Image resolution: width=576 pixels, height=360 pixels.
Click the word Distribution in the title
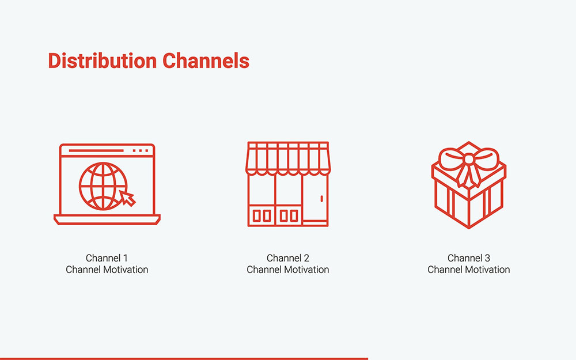[x=103, y=60]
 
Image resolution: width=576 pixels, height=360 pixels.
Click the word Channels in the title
[x=206, y=60]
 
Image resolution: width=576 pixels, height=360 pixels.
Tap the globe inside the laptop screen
[x=103, y=186]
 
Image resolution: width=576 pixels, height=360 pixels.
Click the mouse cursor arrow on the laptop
[x=127, y=198]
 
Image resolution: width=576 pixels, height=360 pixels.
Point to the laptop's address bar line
[x=96, y=150]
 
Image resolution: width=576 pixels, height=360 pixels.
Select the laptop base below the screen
[x=107, y=219]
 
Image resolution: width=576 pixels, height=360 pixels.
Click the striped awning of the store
[x=288, y=158]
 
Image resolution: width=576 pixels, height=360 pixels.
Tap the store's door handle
[x=321, y=199]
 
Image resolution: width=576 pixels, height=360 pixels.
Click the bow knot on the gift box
[x=469, y=159]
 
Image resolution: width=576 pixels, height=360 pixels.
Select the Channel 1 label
[x=107, y=258]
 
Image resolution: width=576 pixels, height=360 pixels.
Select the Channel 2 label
[x=288, y=258]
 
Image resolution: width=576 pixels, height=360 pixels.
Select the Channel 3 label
[x=469, y=258]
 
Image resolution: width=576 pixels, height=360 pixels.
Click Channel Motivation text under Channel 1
[x=107, y=270]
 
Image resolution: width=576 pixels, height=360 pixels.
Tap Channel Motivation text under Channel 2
[x=288, y=270]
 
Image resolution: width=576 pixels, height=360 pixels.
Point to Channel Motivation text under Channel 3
[x=469, y=270]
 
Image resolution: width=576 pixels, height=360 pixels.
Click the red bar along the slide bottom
[x=184, y=358]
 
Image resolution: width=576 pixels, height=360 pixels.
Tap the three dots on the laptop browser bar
[x=141, y=150]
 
